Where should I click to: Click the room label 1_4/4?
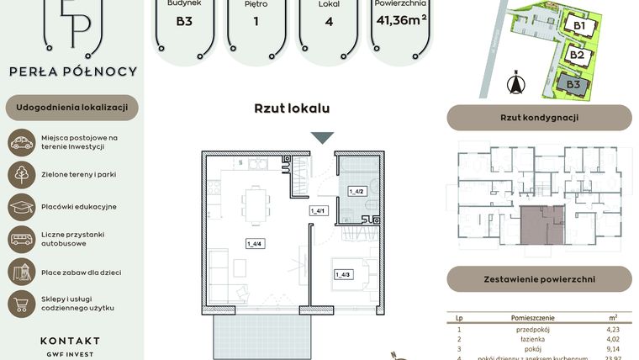tap(253, 244)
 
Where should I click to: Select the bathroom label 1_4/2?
tap(355, 192)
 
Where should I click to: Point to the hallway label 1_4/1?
tap(318, 210)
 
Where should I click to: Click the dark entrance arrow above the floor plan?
tap(322, 138)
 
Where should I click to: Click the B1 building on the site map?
tap(579, 25)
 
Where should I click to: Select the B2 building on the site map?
tap(577, 56)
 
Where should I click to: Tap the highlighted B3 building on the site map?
tap(573, 84)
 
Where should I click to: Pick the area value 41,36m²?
tap(400, 19)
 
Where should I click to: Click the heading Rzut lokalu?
tap(292, 109)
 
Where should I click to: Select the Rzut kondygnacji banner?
tap(539, 118)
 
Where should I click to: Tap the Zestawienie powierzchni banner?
tap(539, 278)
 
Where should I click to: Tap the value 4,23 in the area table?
tap(612, 330)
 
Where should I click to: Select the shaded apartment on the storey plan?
tap(541, 225)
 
